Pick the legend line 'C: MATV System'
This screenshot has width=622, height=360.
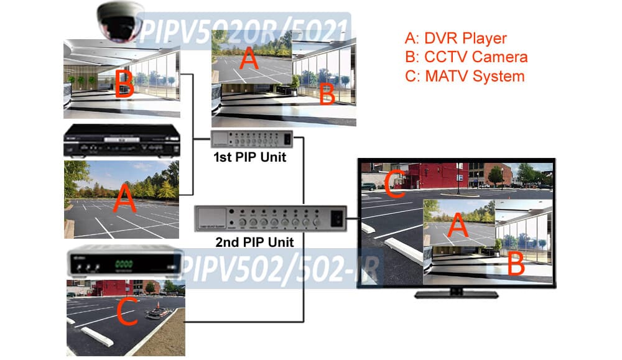[x=464, y=76]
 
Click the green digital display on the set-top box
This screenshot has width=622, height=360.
[x=124, y=264]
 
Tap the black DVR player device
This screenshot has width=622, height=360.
[x=121, y=142]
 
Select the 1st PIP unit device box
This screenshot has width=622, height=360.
[x=251, y=139]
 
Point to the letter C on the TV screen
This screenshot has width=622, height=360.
[x=394, y=185]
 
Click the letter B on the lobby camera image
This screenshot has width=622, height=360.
[x=124, y=85]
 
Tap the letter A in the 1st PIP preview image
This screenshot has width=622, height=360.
[x=248, y=60]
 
